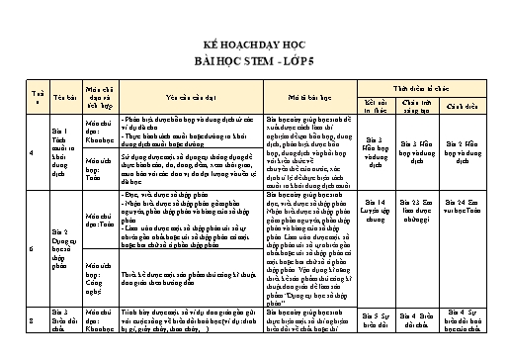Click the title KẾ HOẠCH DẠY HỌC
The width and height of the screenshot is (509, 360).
click(x=254, y=46)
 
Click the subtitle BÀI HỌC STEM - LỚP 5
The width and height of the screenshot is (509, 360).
click(x=254, y=61)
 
